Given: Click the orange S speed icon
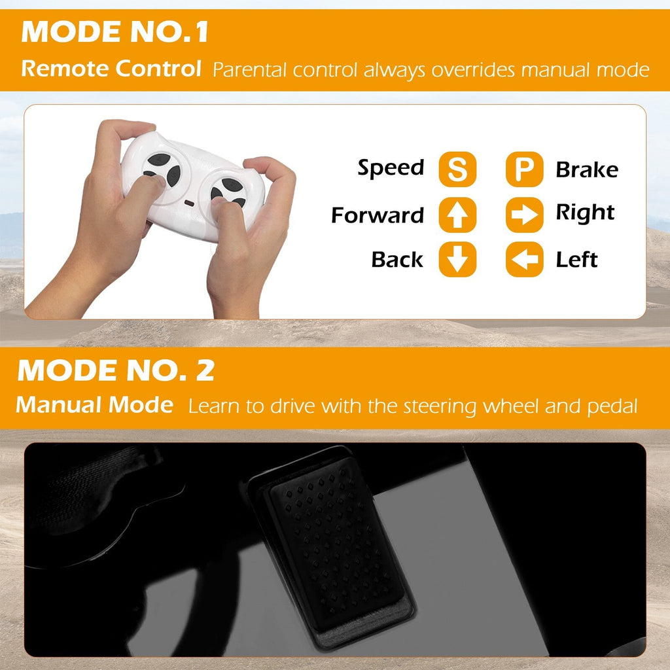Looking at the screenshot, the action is [457, 169].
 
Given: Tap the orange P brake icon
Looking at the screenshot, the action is [524, 169].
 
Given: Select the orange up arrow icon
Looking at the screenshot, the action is [457, 215].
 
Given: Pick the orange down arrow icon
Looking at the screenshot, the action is [457, 259].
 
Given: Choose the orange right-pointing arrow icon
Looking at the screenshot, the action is [524, 215].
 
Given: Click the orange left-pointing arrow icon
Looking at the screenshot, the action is [524, 259].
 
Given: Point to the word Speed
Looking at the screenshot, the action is [391, 168].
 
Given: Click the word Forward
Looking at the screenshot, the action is [378, 215].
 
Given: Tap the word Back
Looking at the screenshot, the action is [397, 259].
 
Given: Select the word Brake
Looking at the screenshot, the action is [587, 169].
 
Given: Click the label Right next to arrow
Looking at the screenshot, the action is [585, 213].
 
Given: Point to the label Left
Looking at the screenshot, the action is [576, 259].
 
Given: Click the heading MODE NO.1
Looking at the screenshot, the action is [115, 31].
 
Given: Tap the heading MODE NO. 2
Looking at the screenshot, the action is [116, 370].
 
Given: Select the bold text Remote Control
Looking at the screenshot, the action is [111, 68].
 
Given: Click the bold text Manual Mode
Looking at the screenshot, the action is [94, 404].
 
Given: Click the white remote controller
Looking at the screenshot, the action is [193, 186].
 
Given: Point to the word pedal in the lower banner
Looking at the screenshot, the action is [612, 407].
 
